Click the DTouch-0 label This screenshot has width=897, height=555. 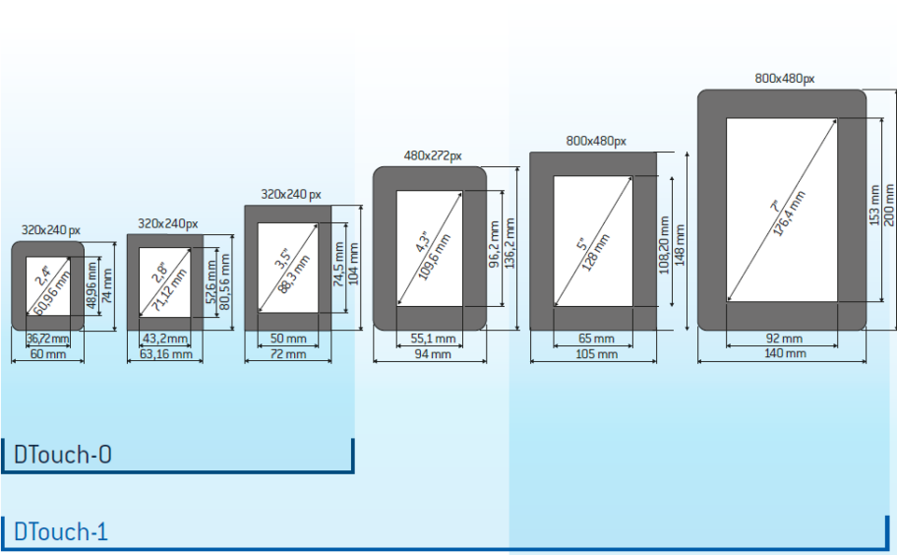point(62,455)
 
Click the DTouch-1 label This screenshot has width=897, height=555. point(60,532)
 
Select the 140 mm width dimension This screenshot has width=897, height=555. point(784,352)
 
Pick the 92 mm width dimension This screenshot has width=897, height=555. point(784,338)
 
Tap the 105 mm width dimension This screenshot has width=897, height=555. point(596,353)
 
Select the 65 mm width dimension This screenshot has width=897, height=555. point(596,339)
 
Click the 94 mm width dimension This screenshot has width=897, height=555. point(432,353)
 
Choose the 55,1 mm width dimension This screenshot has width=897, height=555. point(432,339)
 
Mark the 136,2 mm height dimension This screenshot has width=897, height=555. point(510,246)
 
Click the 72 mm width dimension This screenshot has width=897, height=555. point(288,353)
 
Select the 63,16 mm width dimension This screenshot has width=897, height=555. point(165,353)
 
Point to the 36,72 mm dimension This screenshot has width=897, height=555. point(45,339)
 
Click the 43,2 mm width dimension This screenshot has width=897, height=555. point(165,339)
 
